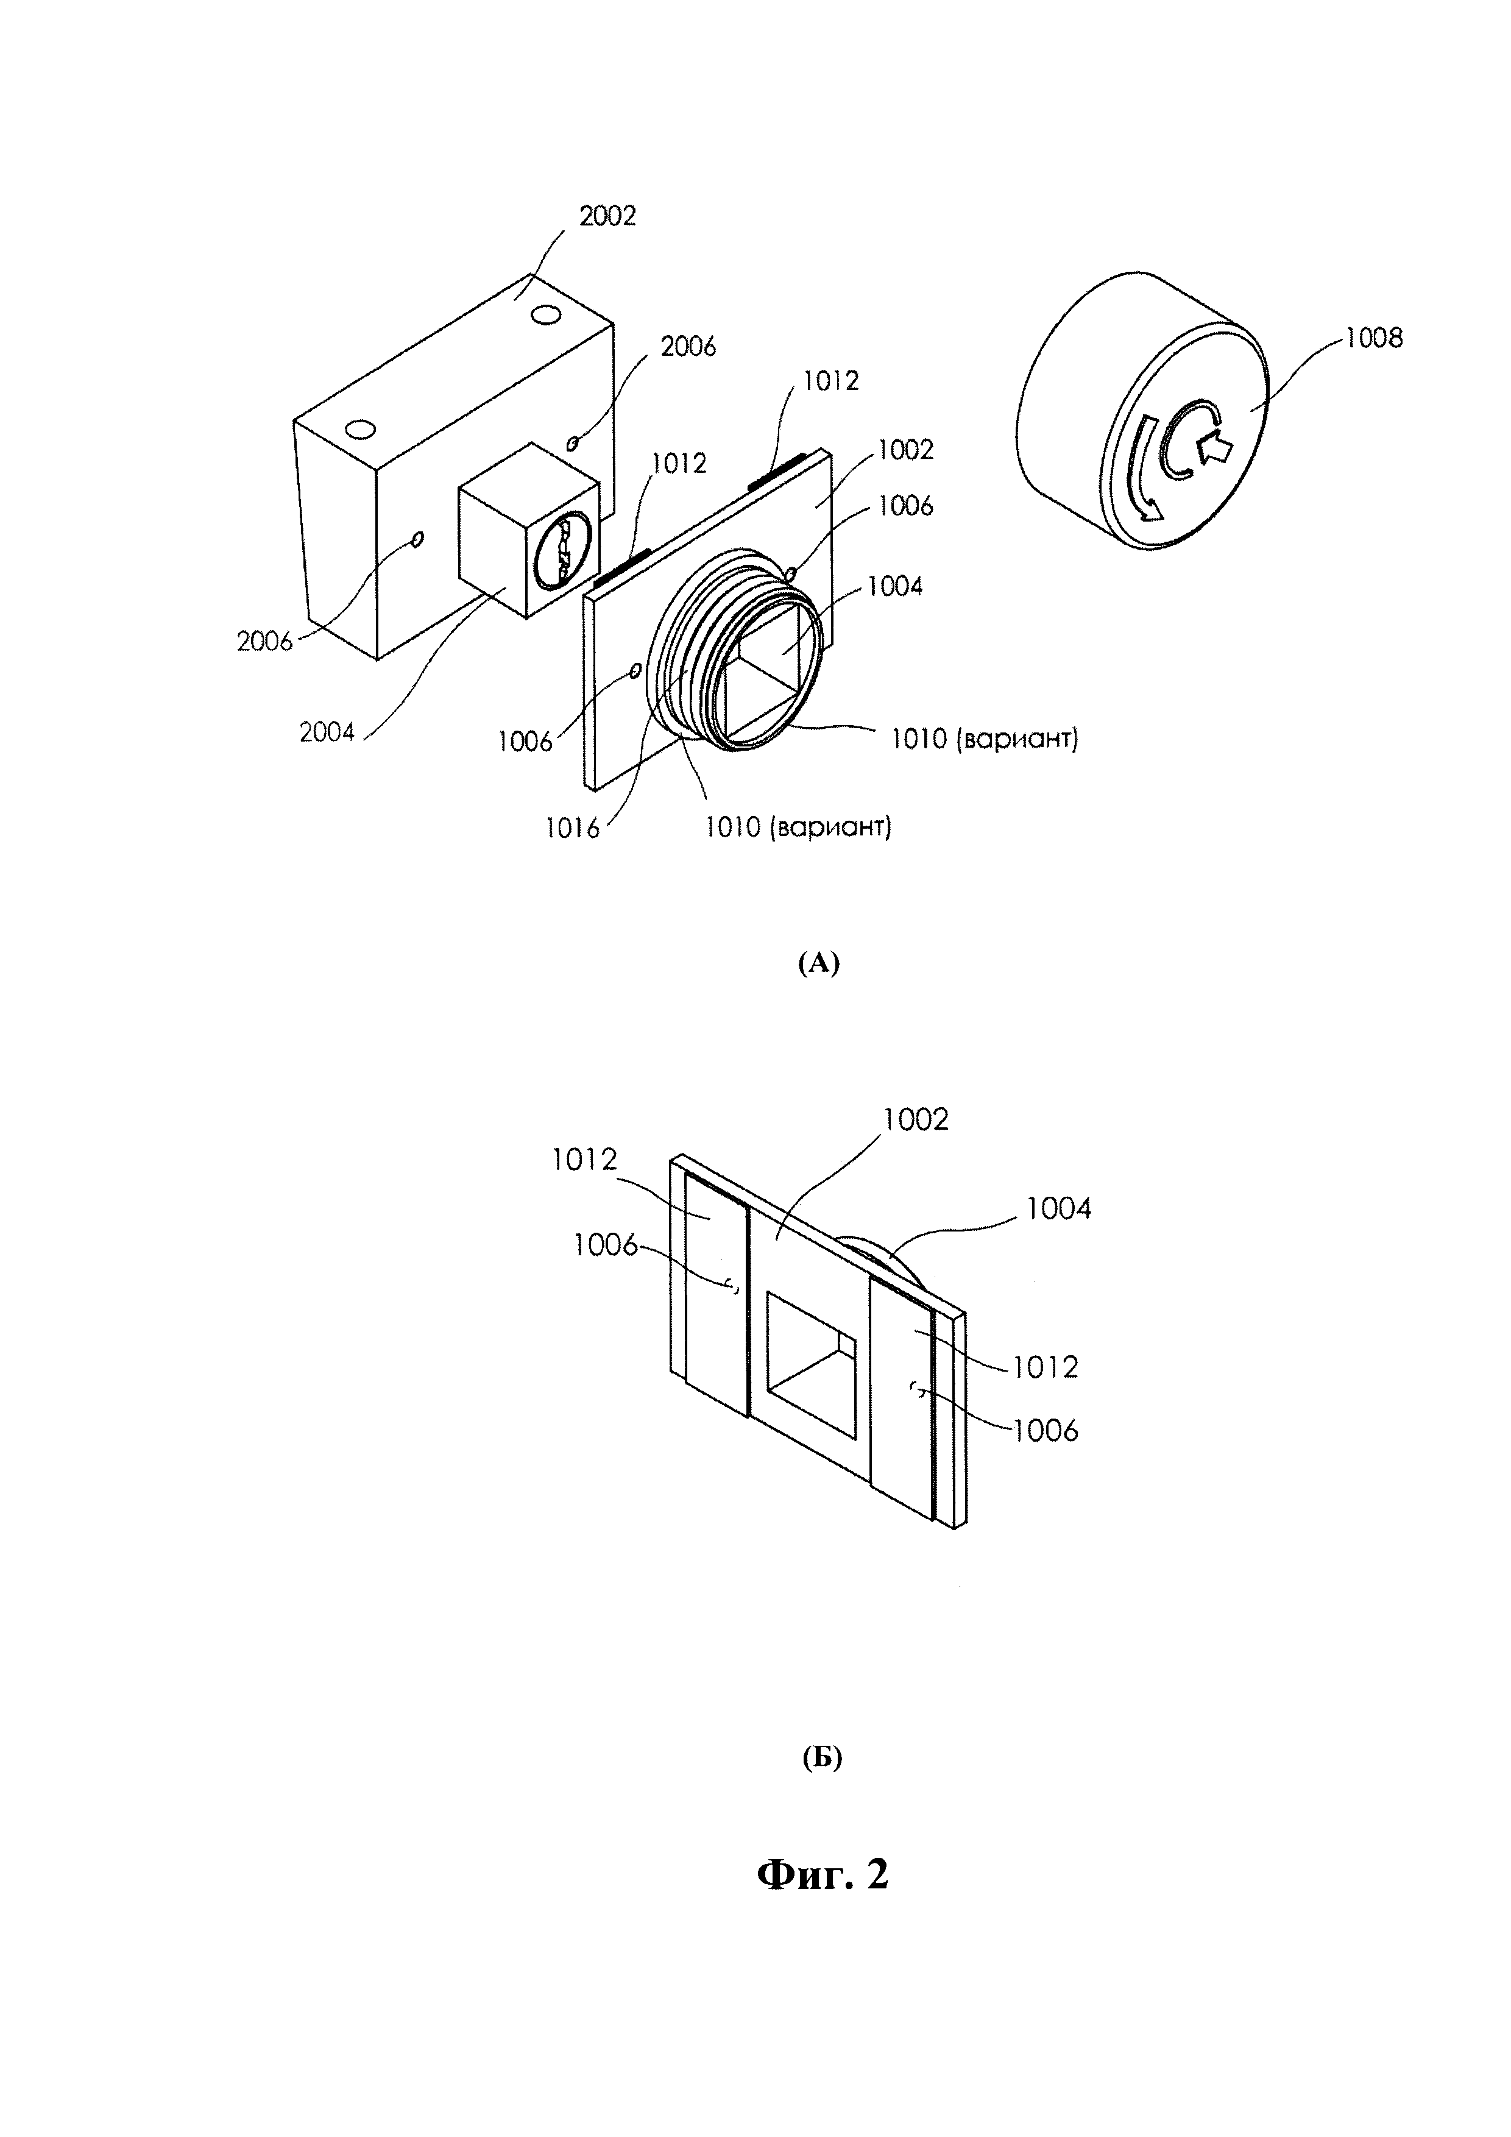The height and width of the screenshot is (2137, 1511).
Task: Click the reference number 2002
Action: pyautogui.click(x=607, y=216)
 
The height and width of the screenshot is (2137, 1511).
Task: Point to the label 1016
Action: pyautogui.click(x=572, y=828)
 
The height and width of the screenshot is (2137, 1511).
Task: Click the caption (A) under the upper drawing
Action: pyautogui.click(x=819, y=964)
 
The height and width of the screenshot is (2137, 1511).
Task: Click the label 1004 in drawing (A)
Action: pyautogui.click(x=894, y=586)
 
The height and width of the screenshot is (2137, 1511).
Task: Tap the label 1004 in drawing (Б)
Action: pyautogui.click(x=1059, y=1209)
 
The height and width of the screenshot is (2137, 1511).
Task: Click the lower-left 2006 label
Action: pyautogui.click(x=264, y=641)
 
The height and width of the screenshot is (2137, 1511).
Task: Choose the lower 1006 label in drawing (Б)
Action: pyautogui.click(x=1045, y=1431)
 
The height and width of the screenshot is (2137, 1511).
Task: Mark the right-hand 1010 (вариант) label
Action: pyautogui.click(x=985, y=740)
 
